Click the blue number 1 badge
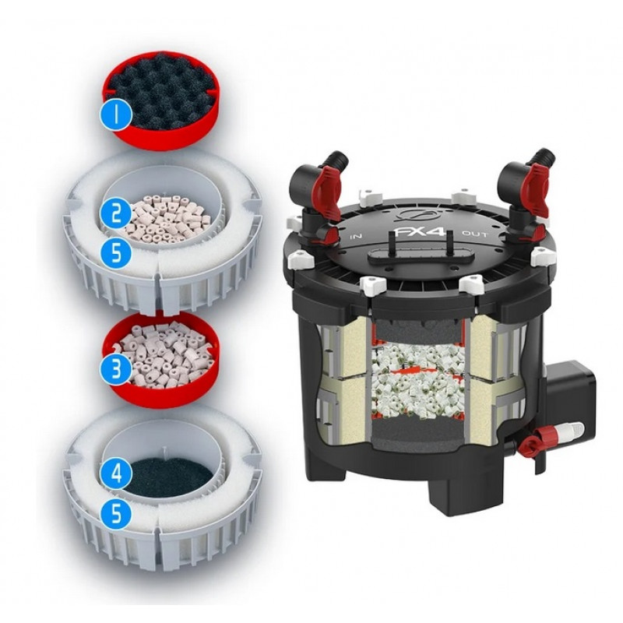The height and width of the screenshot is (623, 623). pyautogui.click(x=115, y=114)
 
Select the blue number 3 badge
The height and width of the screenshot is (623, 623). pyautogui.click(x=115, y=369)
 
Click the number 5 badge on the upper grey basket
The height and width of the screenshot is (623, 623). pyautogui.click(x=115, y=252)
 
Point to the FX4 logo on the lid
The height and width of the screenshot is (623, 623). pyautogui.click(x=419, y=231)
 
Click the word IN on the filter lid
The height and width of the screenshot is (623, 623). pyautogui.click(x=356, y=237)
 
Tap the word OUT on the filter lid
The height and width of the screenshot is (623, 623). pyautogui.click(x=474, y=234)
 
